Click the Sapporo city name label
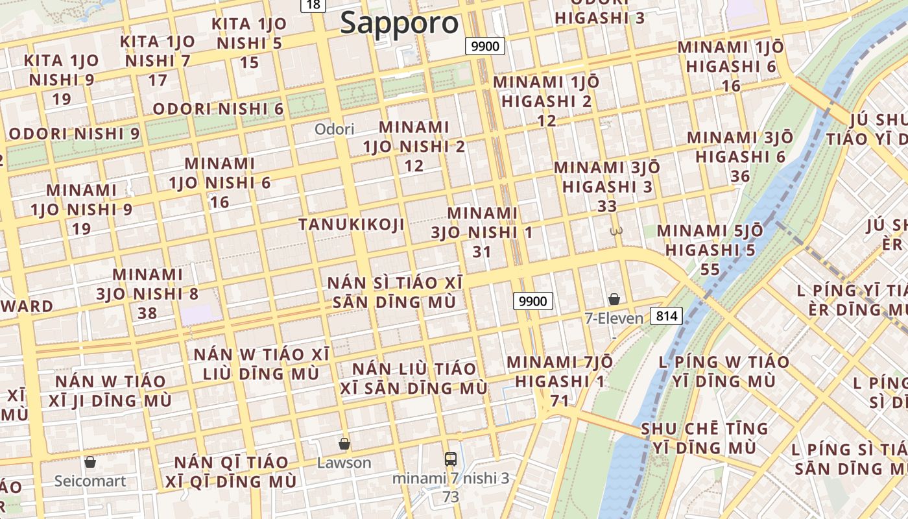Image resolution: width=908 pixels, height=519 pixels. [400, 23]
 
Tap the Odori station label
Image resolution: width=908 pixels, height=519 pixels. [335, 129]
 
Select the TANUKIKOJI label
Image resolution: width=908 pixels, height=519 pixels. [352, 224]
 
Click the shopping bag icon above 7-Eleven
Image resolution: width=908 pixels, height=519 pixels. [614, 299]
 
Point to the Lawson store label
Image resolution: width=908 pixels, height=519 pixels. [344, 463]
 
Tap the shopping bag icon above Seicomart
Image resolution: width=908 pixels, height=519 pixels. [90, 462]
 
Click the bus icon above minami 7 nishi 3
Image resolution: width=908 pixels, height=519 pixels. [451, 459]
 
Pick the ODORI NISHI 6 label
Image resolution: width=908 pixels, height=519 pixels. [218, 108]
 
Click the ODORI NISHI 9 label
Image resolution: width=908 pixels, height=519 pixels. [74, 134]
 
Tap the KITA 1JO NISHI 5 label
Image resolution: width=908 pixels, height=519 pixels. [249, 43]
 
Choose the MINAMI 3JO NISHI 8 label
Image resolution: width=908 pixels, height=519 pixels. [147, 293]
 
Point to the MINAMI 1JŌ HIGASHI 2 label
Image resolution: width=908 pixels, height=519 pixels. [546, 101]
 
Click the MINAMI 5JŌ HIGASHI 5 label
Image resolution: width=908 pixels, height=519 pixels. [710, 250]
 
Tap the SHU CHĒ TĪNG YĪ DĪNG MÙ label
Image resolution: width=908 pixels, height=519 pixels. [704, 438]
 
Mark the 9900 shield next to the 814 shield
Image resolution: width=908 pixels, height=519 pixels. [533, 301]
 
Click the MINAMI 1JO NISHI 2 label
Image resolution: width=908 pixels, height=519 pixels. [414, 146]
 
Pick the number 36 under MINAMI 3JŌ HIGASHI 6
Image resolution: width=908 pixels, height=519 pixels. [739, 176]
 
